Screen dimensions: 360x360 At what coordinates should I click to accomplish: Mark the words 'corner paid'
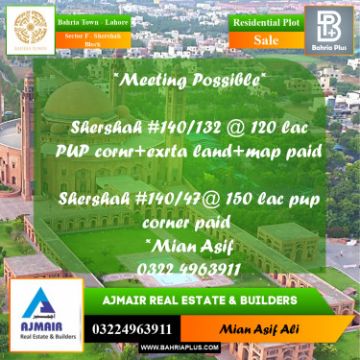click(x=179, y=221)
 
